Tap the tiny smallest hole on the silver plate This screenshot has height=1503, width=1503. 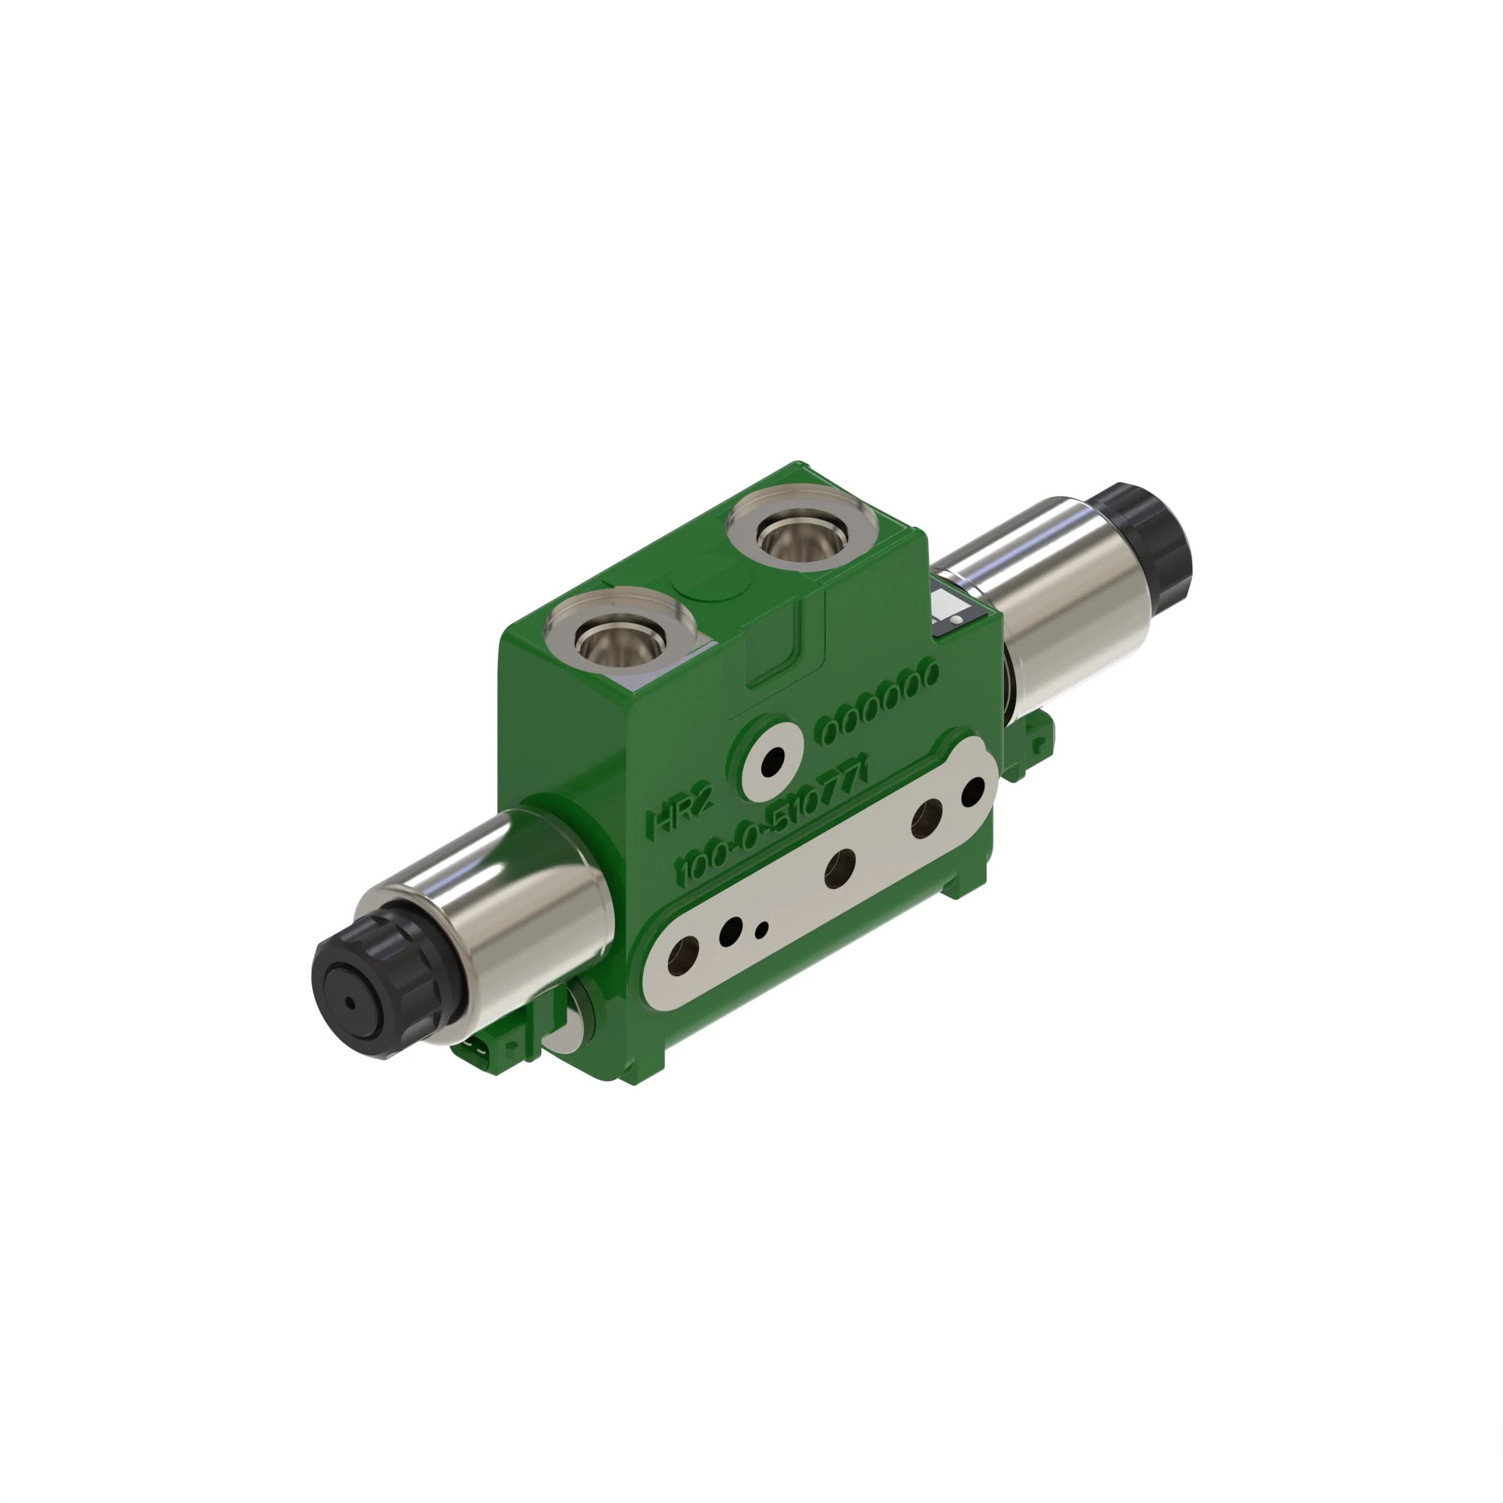[761, 929]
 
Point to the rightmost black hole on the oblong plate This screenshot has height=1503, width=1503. [973, 791]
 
